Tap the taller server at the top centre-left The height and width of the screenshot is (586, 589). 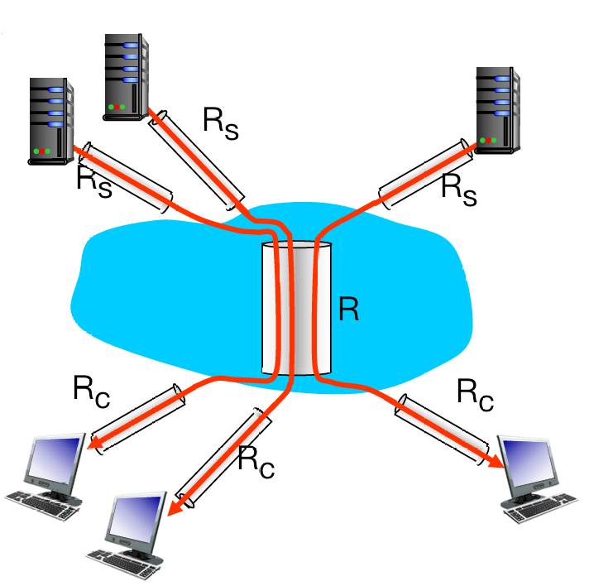point(127,74)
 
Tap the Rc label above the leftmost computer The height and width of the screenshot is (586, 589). point(90,391)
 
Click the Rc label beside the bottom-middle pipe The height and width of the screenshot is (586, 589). point(256,461)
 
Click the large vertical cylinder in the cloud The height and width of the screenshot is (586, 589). point(296,309)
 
